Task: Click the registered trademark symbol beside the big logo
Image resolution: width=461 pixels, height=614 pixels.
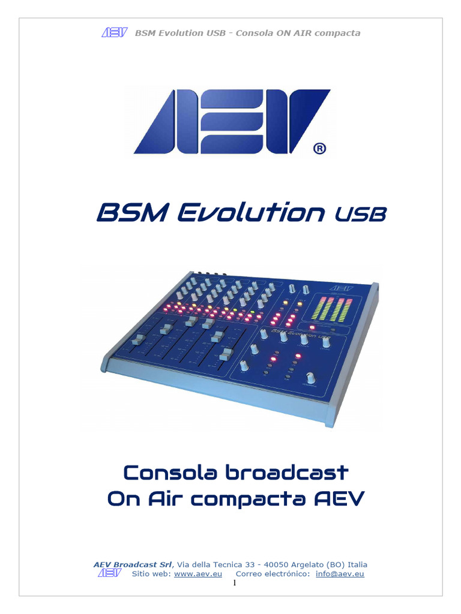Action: pyautogui.click(x=320, y=148)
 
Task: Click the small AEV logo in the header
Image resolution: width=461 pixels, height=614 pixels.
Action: pyautogui.click(x=114, y=32)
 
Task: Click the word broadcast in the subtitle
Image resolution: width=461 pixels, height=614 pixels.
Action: pyautogui.click(x=286, y=472)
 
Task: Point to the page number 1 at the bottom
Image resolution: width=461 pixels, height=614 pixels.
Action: pyautogui.click(x=234, y=584)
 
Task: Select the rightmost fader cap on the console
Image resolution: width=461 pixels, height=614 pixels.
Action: pyautogui.click(x=226, y=354)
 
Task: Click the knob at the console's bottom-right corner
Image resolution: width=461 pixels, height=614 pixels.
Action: pyautogui.click(x=310, y=378)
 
